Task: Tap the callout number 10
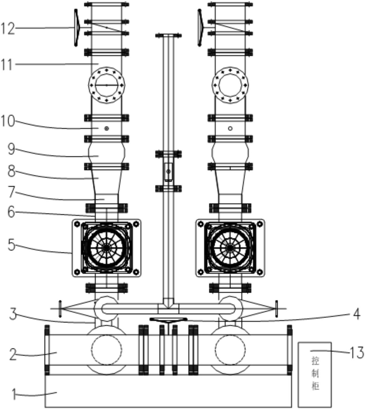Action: (8, 121)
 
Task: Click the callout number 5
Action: (11, 244)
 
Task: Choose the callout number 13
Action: (357, 352)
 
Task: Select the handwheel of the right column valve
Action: (201, 28)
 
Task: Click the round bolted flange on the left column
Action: (107, 86)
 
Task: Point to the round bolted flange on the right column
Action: (230, 86)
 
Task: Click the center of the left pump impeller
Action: (107, 248)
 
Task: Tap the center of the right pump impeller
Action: (230, 248)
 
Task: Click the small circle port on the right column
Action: (230, 128)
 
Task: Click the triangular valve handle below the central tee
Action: (169, 320)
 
